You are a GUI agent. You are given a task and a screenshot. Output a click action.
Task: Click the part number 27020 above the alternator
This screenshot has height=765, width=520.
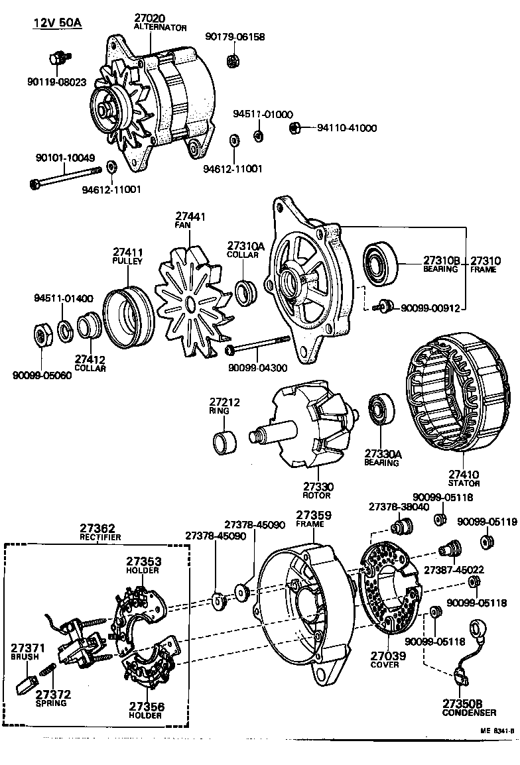[150, 17]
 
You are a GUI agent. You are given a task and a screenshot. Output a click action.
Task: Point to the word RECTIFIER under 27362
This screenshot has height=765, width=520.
[101, 537]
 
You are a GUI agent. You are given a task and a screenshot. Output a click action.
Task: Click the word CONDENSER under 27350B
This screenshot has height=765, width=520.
[469, 713]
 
